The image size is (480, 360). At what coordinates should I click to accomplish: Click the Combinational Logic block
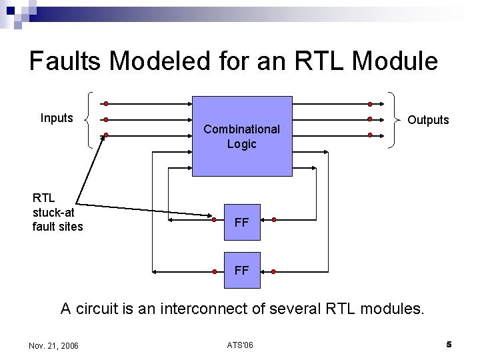[x=242, y=136]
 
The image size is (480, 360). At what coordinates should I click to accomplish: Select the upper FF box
[x=242, y=223]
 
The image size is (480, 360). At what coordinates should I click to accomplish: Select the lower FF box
[x=242, y=270]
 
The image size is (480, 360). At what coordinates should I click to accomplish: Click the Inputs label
[x=57, y=118]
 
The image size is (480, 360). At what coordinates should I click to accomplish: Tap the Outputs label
[x=428, y=120]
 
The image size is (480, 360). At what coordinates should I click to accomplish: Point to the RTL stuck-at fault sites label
[x=57, y=212]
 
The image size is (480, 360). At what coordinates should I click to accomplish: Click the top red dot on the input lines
[x=105, y=104]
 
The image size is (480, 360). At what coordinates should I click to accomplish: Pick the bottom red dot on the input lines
[x=105, y=135]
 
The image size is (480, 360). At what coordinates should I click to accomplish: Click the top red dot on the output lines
[x=370, y=104]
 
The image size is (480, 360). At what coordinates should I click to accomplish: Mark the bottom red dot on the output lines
[x=370, y=135]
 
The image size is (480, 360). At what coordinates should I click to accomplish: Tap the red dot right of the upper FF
[x=273, y=219]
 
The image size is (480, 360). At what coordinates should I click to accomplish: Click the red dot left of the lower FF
[x=214, y=271]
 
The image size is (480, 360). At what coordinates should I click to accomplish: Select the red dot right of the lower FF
[x=273, y=271]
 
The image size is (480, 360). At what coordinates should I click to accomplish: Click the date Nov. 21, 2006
[x=54, y=345]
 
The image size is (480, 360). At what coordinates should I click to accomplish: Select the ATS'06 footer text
[x=239, y=345]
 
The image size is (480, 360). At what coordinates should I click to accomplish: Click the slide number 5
[x=449, y=345]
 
